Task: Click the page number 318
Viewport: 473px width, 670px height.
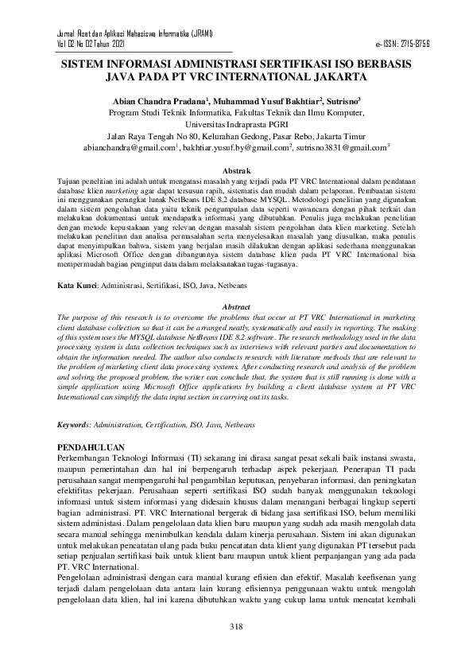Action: click(x=235, y=628)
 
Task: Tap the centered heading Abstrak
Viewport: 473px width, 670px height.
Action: click(x=235, y=171)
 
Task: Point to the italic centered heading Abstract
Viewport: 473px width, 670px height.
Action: click(x=235, y=306)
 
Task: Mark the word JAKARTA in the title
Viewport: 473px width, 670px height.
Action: click(x=333, y=79)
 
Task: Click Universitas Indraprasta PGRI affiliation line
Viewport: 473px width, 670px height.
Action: click(x=235, y=125)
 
